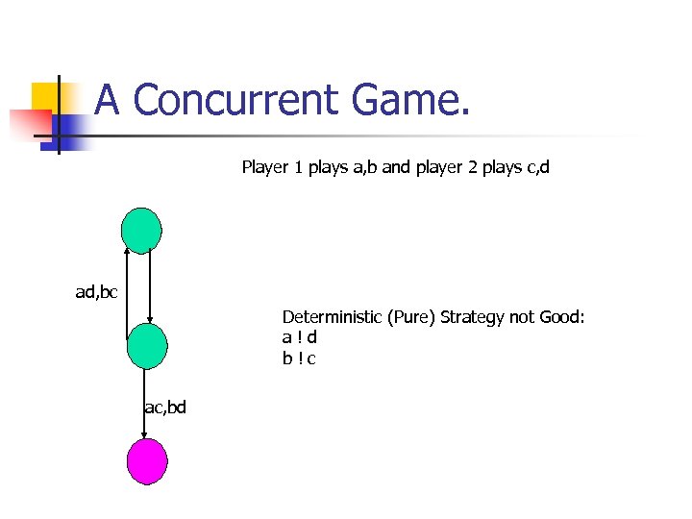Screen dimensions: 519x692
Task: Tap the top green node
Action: (x=141, y=231)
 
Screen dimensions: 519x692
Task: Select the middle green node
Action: (x=146, y=346)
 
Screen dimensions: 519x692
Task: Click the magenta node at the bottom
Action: (x=147, y=461)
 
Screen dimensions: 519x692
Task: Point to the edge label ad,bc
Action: (x=96, y=291)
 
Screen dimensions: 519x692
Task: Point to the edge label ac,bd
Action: (x=165, y=408)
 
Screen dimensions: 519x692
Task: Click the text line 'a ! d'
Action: (x=299, y=337)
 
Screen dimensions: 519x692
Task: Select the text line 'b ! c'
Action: (x=299, y=358)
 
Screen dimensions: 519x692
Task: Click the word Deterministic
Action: (x=333, y=316)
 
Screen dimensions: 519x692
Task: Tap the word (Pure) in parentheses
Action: (x=413, y=316)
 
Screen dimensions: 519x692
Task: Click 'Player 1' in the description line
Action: (x=273, y=167)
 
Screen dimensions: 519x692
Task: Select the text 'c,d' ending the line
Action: (x=537, y=167)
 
